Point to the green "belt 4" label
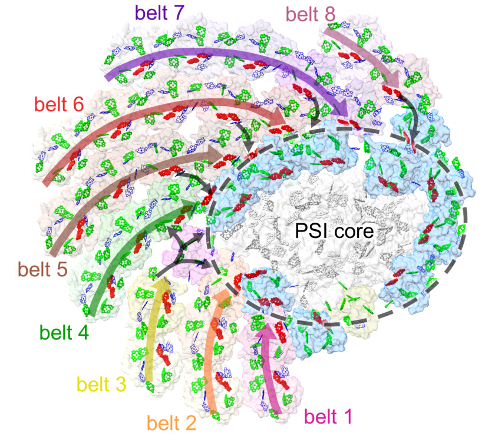pyautogui.click(x=65, y=333)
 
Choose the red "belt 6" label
pyautogui.click(x=60, y=104)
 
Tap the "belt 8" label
pyautogui.click(x=311, y=13)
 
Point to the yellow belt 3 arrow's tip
pyautogui.click(x=161, y=279)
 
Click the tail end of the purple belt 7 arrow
pyautogui.click(x=107, y=77)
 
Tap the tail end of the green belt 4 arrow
pyautogui.click(x=93, y=313)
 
